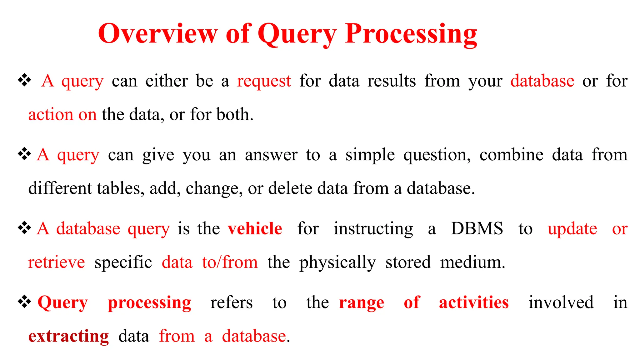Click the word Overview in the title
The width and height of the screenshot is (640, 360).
[157, 33]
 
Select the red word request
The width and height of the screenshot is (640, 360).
[264, 81]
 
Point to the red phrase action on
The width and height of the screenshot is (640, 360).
[62, 114]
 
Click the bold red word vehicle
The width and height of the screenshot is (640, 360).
[255, 228]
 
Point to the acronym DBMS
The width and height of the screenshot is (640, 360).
[477, 228]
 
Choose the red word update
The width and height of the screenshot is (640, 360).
[572, 229]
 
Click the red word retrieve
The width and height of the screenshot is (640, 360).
[57, 262]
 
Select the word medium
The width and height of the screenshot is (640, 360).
[472, 262]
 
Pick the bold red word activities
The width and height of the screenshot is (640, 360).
[473, 302]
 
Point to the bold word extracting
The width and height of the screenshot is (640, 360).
[68, 337]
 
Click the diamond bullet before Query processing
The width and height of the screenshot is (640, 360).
[24, 302]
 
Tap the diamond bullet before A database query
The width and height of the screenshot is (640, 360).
[24, 228]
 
